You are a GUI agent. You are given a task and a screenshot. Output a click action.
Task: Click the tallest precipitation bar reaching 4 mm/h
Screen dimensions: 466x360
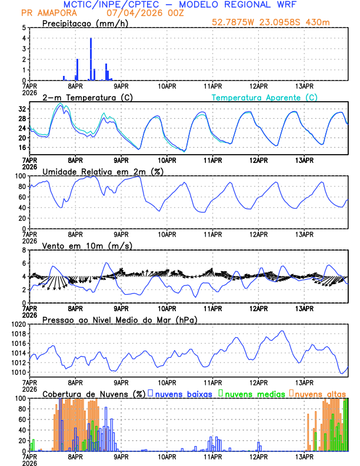tap(91, 59)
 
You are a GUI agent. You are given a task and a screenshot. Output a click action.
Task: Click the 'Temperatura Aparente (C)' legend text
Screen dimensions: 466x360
tap(264, 97)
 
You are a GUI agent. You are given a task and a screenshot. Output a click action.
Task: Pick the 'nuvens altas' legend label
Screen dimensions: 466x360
tap(321, 393)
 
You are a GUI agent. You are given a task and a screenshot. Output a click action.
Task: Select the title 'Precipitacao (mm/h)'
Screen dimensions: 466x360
tap(84, 23)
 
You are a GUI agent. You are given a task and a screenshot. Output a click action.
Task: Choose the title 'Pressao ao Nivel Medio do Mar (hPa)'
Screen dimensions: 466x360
tap(119, 319)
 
